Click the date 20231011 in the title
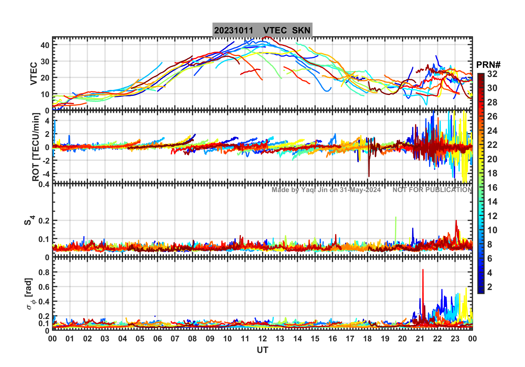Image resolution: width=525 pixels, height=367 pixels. [234, 30]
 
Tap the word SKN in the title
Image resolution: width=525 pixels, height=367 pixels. [301, 30]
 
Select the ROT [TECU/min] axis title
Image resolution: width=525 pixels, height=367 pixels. [36, 147]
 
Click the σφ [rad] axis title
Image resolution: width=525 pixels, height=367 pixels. [30, 294]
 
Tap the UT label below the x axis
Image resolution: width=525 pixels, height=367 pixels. [262, 350]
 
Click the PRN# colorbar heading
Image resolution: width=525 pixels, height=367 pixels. [488, 65]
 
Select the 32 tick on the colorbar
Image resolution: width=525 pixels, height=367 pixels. [492, 74]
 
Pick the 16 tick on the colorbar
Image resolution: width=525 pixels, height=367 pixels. [492, 188]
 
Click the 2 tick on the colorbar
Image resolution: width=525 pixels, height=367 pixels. [490, 287]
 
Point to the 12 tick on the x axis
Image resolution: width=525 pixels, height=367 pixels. [262, 339]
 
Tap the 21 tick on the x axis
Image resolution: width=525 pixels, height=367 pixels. [420, 339]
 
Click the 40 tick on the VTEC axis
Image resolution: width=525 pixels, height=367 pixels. [45, 45]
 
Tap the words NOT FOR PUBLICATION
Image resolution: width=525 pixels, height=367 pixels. [432, 190]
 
